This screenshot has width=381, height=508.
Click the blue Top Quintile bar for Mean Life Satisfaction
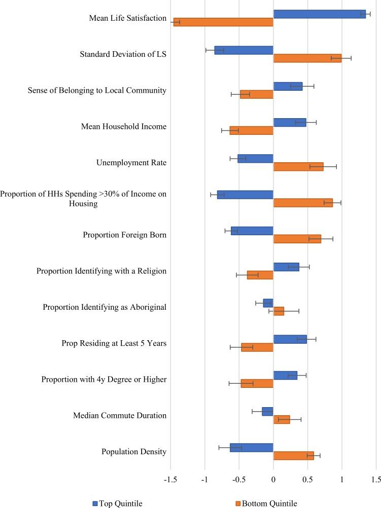[x=319, y=14]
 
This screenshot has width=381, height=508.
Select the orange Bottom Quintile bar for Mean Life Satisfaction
[x=223, y=22]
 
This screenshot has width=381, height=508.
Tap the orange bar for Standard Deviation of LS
[x=307, y=58]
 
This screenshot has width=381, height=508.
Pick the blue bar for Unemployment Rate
[x=255, y=158]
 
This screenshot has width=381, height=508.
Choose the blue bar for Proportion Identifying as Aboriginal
[x=268, y=303]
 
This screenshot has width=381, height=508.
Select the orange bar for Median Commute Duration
[x=282, y=419]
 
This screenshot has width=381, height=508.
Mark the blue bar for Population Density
[x=251, y=447]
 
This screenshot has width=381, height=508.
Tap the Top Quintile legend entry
[x=117, y=503]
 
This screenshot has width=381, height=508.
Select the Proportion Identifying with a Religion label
[x=101, y=271]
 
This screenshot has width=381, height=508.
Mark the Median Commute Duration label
[x=120, y=415]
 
